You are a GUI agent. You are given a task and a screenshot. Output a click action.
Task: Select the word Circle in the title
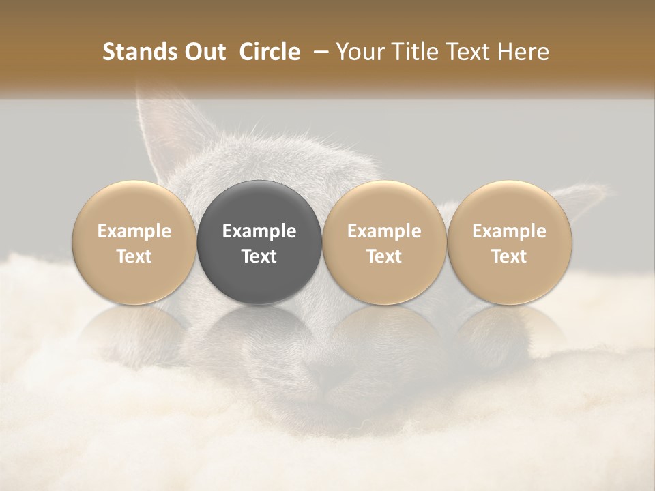(x=270, y=52)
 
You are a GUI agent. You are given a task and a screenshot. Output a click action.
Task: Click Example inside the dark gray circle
(x=259, y=231)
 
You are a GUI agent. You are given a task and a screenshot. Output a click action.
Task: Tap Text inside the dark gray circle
(x=259, y=256)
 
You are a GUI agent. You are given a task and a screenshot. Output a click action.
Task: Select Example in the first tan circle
(x=134, y=231)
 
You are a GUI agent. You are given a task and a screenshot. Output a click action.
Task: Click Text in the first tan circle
(x=134, y=256)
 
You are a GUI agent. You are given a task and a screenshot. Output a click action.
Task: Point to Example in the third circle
(x=384, y=231)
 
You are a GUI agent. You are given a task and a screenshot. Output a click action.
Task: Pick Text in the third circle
(x=384, y=256)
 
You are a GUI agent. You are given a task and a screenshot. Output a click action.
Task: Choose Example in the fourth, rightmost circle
(x=509, y=231)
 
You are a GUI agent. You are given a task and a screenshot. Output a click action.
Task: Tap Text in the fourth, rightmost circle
(x=509, y=256)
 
